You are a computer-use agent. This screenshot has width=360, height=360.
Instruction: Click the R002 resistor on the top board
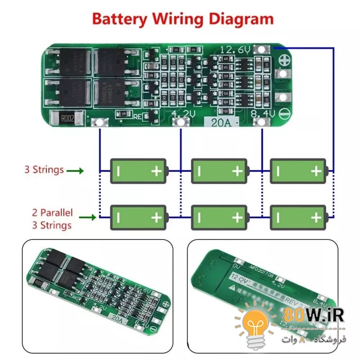[68, 118]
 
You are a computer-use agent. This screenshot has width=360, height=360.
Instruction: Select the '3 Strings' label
[44, 170]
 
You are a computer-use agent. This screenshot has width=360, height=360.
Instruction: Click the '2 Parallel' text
[52, 212]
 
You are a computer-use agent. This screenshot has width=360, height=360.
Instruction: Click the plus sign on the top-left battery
[157, 171]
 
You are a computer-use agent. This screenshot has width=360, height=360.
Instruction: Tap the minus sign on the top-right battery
[278, 171]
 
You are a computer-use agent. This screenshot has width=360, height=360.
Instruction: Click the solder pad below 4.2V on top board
[180, 122]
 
